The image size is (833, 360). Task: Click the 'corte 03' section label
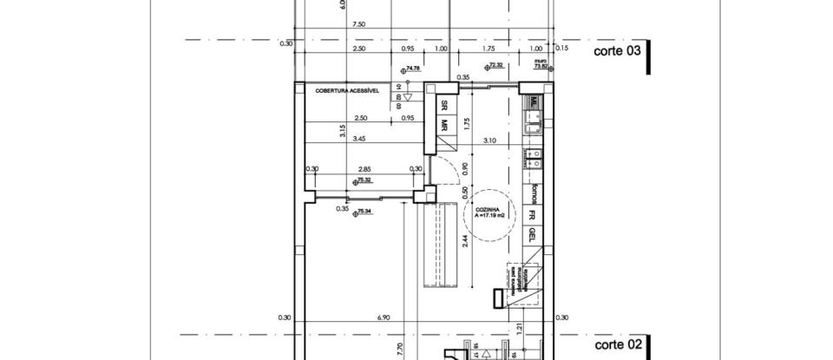pos(617,51)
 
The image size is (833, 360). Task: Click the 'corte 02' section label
pos(617,344)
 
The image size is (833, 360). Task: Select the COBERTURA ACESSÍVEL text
pos(343,89)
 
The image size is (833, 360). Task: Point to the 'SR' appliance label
pos(443,104)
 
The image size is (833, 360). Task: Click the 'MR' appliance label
pos(443,125)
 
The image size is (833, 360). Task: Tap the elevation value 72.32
pos(496,65)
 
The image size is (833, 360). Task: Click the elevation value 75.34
pos(362,211)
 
